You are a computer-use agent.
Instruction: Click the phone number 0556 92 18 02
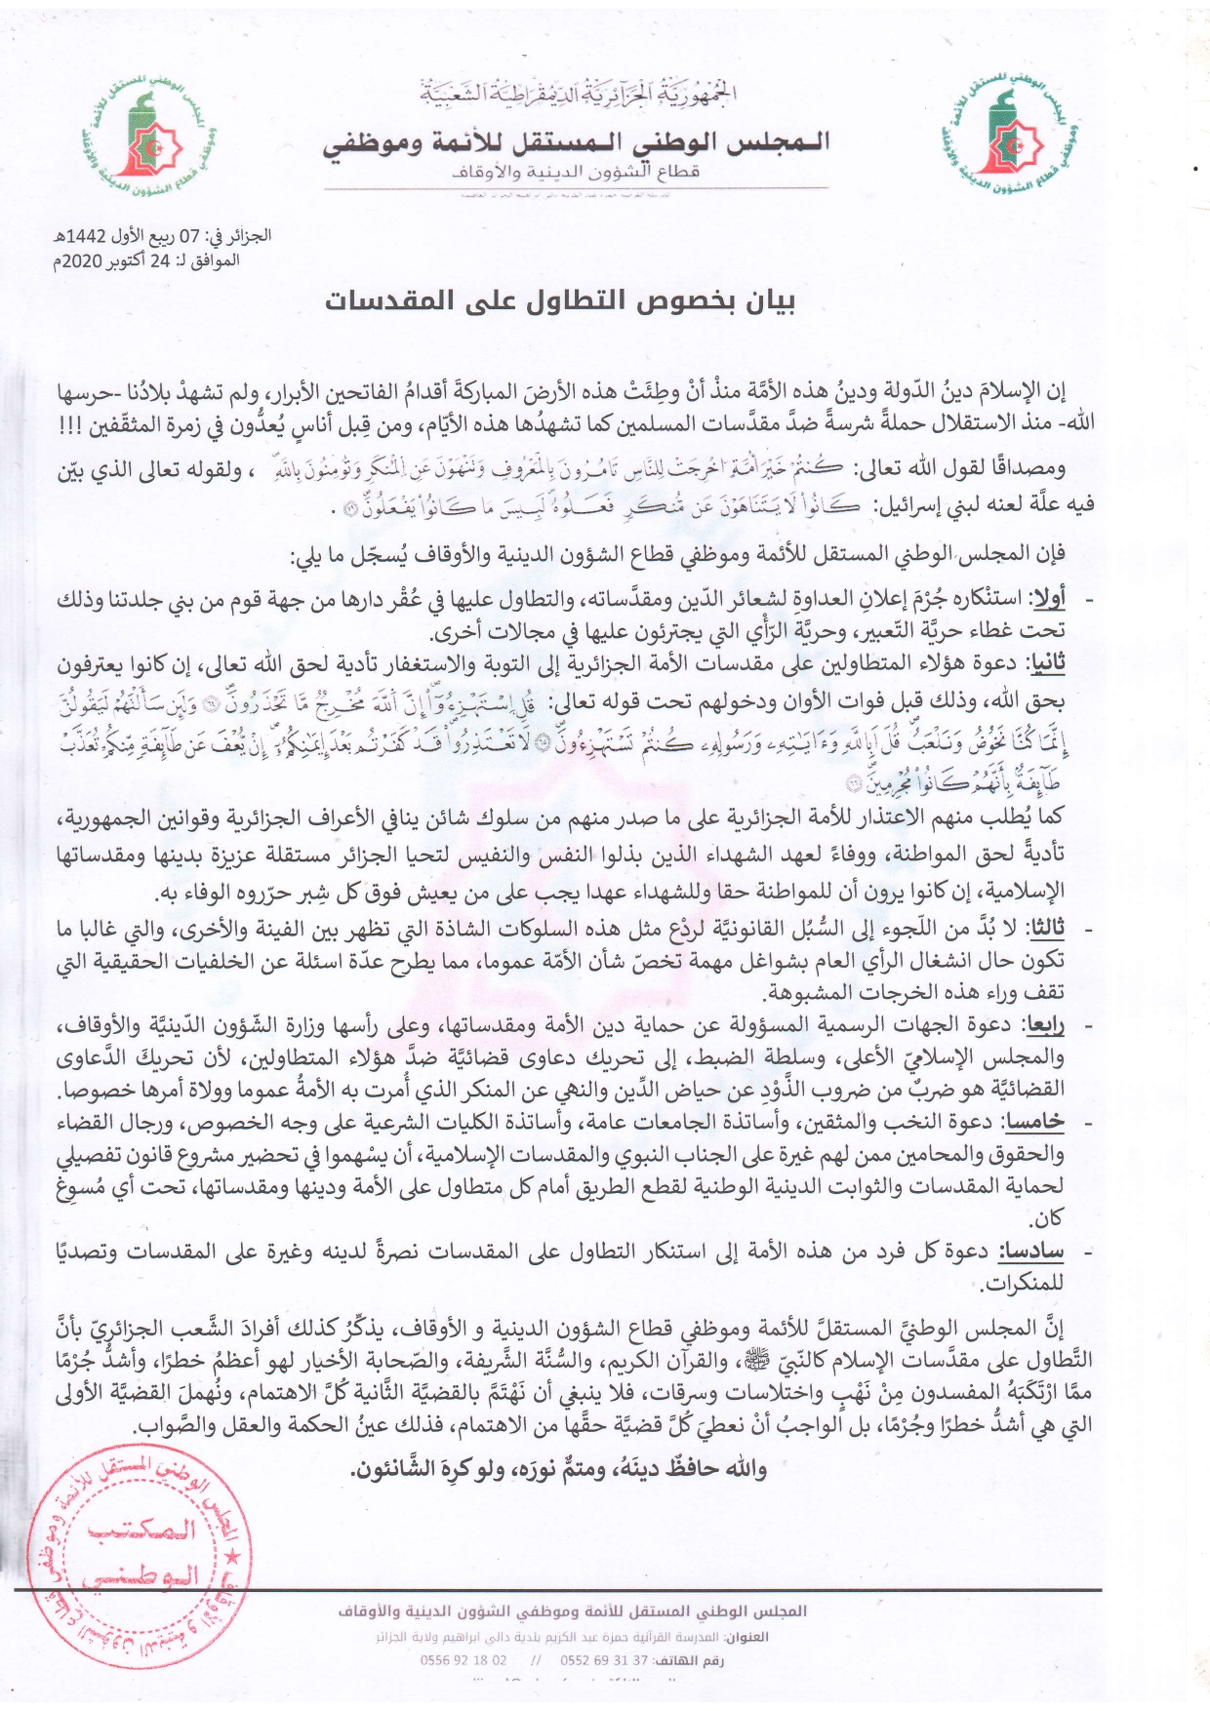(x=464, y=1660)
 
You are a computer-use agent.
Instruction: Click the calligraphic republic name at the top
(x=578, y=94)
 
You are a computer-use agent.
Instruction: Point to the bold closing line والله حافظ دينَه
(x=558, y=1469)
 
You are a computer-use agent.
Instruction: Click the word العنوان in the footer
(x=747, y=1637)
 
